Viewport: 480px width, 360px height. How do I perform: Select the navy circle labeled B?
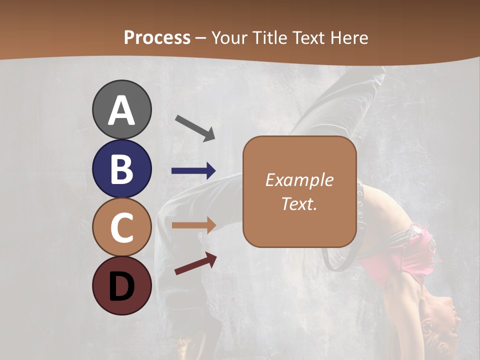pos(121,168)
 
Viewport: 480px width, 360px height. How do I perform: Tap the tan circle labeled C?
pos(121,227)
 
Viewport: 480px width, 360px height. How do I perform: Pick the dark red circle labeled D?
pos(121,285)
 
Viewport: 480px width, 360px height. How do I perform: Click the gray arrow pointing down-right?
pos(195,127)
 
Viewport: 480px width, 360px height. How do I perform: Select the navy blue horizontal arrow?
pos(193,171)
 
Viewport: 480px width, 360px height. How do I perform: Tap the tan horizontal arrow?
pos(193,225)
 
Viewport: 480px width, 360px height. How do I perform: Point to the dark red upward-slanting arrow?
pos(195,263)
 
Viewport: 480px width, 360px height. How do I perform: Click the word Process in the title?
pos(157,38)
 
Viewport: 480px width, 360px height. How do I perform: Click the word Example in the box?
pos(299,180)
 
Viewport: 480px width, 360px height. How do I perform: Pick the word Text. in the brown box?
pos(299,204)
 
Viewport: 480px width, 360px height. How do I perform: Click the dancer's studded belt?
pos(360,205)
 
